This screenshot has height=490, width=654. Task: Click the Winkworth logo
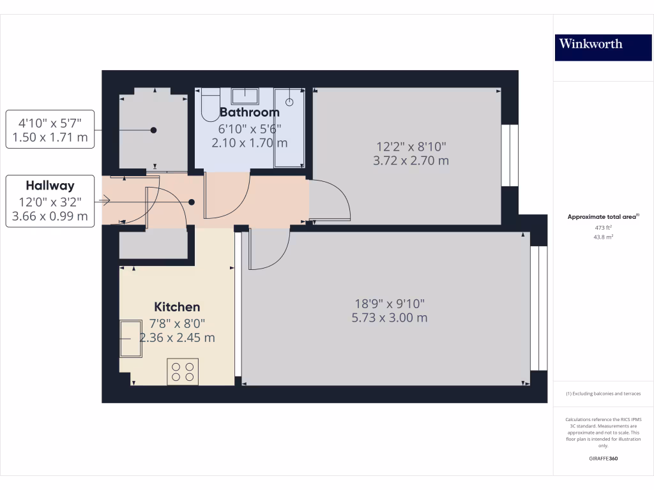pos(591,44)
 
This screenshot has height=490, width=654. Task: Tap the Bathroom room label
pos(249,112)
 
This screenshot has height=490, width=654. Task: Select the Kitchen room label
pos(176,307)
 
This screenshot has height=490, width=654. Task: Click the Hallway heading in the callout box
pos(50,186)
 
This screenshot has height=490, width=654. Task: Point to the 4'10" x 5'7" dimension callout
pos(50,119)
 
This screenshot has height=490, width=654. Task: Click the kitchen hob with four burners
pos(183,371)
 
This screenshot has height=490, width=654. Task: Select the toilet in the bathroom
pos(209,105)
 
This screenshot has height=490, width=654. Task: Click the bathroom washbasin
pos(245,96)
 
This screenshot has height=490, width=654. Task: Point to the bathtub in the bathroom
pos(289,128)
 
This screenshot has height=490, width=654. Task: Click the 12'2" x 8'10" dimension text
pos(411,146)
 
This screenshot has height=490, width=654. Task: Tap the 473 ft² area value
pos(603,227)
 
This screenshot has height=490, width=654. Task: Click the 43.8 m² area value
pos(603,237)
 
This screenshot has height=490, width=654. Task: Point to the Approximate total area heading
pos(603,217)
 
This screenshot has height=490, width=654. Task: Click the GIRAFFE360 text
pos(603,459)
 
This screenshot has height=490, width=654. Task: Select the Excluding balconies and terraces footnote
pos(603,394)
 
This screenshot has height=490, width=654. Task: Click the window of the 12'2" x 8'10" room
pos(510,155)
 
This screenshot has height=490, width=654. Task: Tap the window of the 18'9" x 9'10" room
pos(539,308)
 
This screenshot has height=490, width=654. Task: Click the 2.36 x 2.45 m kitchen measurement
pos(177,338)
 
